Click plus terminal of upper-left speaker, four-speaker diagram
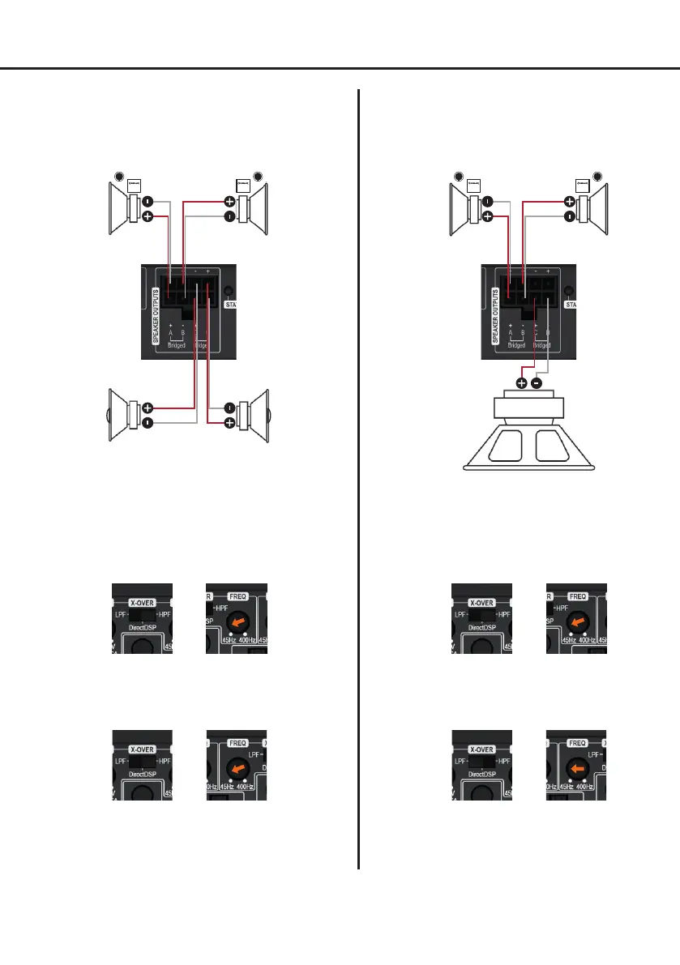[x=148, y=217]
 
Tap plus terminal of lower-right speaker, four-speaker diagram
[x=230, y=423]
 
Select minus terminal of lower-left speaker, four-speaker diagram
[x=148, y=423]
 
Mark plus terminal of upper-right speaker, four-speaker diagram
[x=230, y=202]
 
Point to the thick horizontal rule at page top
[x=340, y=69]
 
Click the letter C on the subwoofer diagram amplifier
[x=535, y=331]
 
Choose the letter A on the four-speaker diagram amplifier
[x=170, y=331]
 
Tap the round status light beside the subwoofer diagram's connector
[x=569, y=291]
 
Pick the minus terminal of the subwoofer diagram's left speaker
[x=488, y=202]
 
